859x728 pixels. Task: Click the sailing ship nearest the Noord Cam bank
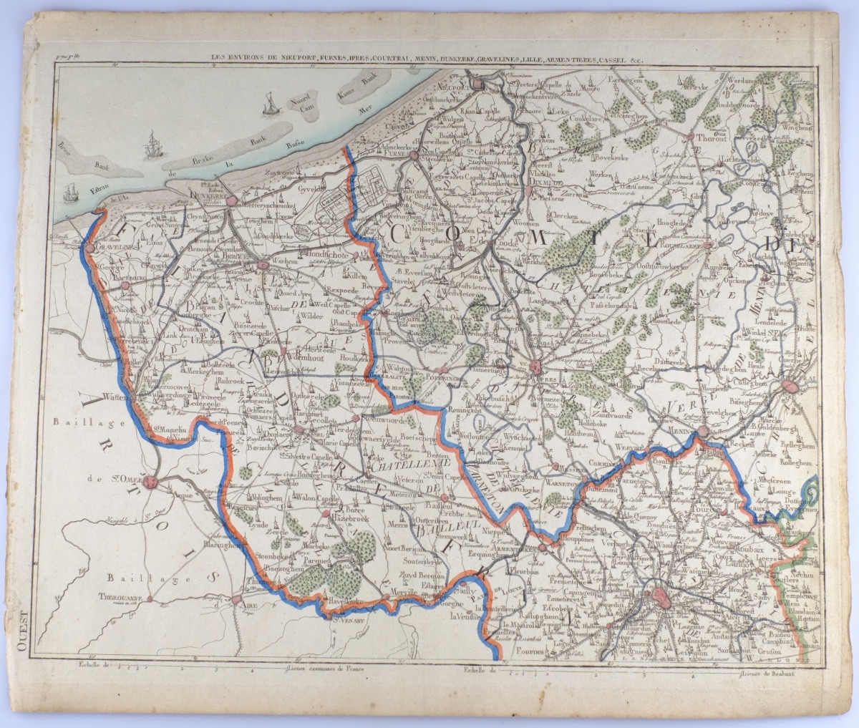(x=269, y=106)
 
